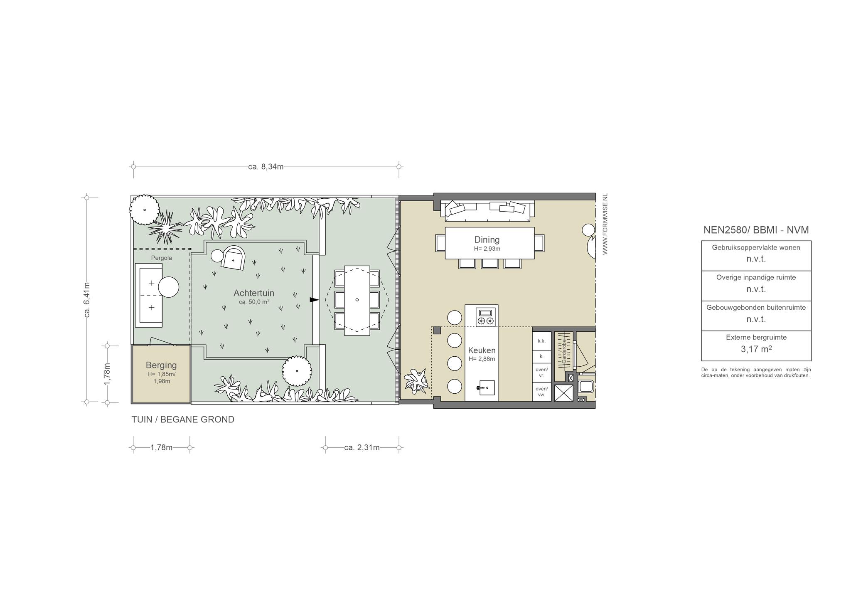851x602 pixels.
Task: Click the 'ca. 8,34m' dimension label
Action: [x=266, y=167]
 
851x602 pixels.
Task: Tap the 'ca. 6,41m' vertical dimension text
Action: [x=87, y=300]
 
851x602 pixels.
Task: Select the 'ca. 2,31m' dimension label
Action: [x=362, y=448]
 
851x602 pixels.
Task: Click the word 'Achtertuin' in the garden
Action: [x=254, y=293]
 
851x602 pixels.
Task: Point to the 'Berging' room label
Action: [x=161, y=365]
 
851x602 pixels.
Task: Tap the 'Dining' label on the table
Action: [x=487, y=239]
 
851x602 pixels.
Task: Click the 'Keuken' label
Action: [x=482, y=350]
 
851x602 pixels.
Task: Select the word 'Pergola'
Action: [x=161, y=258]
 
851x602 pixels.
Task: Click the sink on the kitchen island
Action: [x=485, y=387]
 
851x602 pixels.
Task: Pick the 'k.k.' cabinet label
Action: [x=541, y=341]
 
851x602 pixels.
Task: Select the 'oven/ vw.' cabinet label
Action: [x=541, y=392]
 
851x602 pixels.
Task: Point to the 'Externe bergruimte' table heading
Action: [x=756, y=338]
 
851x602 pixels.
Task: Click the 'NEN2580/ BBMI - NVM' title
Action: [x=756, y=230]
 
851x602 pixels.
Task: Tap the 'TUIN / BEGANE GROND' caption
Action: [x=183, y=419]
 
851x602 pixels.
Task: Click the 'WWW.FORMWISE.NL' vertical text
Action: [x=605, y=224]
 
